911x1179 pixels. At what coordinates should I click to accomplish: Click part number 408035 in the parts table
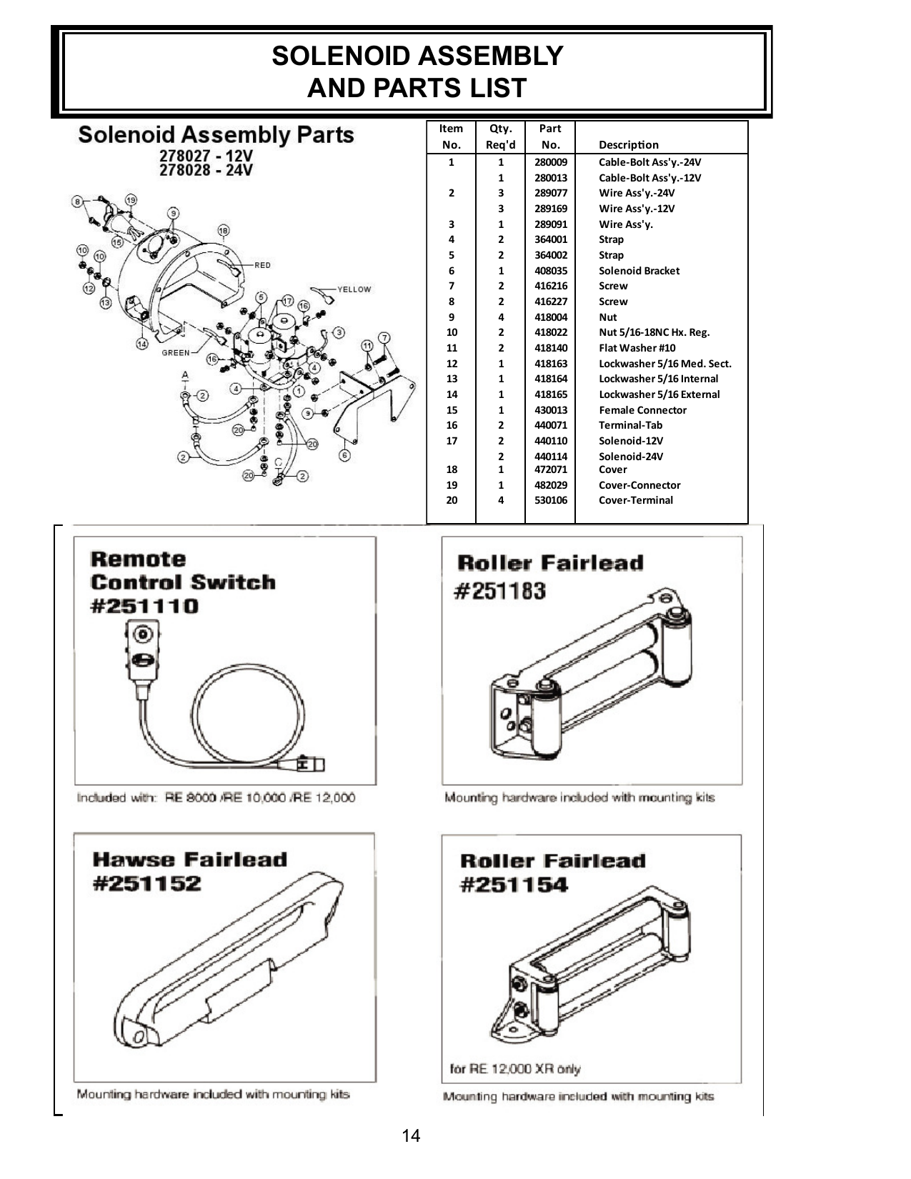[x=550, y=271]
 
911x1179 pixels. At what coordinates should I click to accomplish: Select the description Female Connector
[x=642, y=410]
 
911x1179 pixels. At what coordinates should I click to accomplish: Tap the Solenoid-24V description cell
[x=630, y=457]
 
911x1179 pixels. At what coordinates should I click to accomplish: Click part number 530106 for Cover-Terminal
[x=550, y=500]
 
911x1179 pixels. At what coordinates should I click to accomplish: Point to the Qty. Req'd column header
[x=500, y=136]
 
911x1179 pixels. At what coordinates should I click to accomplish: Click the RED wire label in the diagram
[x=262, y=265]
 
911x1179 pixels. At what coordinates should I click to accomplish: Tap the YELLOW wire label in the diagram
[x=354, y=289]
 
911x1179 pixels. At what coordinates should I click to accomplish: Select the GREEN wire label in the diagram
[x=176, y=352]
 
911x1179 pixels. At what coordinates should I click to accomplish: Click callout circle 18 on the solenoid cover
[x=224, y=230]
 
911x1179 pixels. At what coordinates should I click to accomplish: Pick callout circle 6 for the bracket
[x=344, y=455]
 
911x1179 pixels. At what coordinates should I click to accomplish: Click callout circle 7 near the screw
[x=384, y=337]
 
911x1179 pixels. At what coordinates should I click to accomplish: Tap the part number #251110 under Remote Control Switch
[x=144, y=606]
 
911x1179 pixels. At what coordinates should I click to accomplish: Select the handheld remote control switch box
[x=141, y=650]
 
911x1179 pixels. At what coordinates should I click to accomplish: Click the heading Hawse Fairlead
[x=189, y=859]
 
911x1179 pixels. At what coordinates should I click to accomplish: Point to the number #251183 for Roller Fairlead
[x=500, y=591]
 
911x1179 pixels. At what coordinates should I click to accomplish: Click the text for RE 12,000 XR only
[x=514, y=1069]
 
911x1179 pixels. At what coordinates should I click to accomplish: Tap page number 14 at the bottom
[x=411, y=1135]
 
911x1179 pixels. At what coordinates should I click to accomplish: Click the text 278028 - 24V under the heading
[x=206, y=170]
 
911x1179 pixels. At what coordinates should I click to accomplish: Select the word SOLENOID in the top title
[x=339, y=56]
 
